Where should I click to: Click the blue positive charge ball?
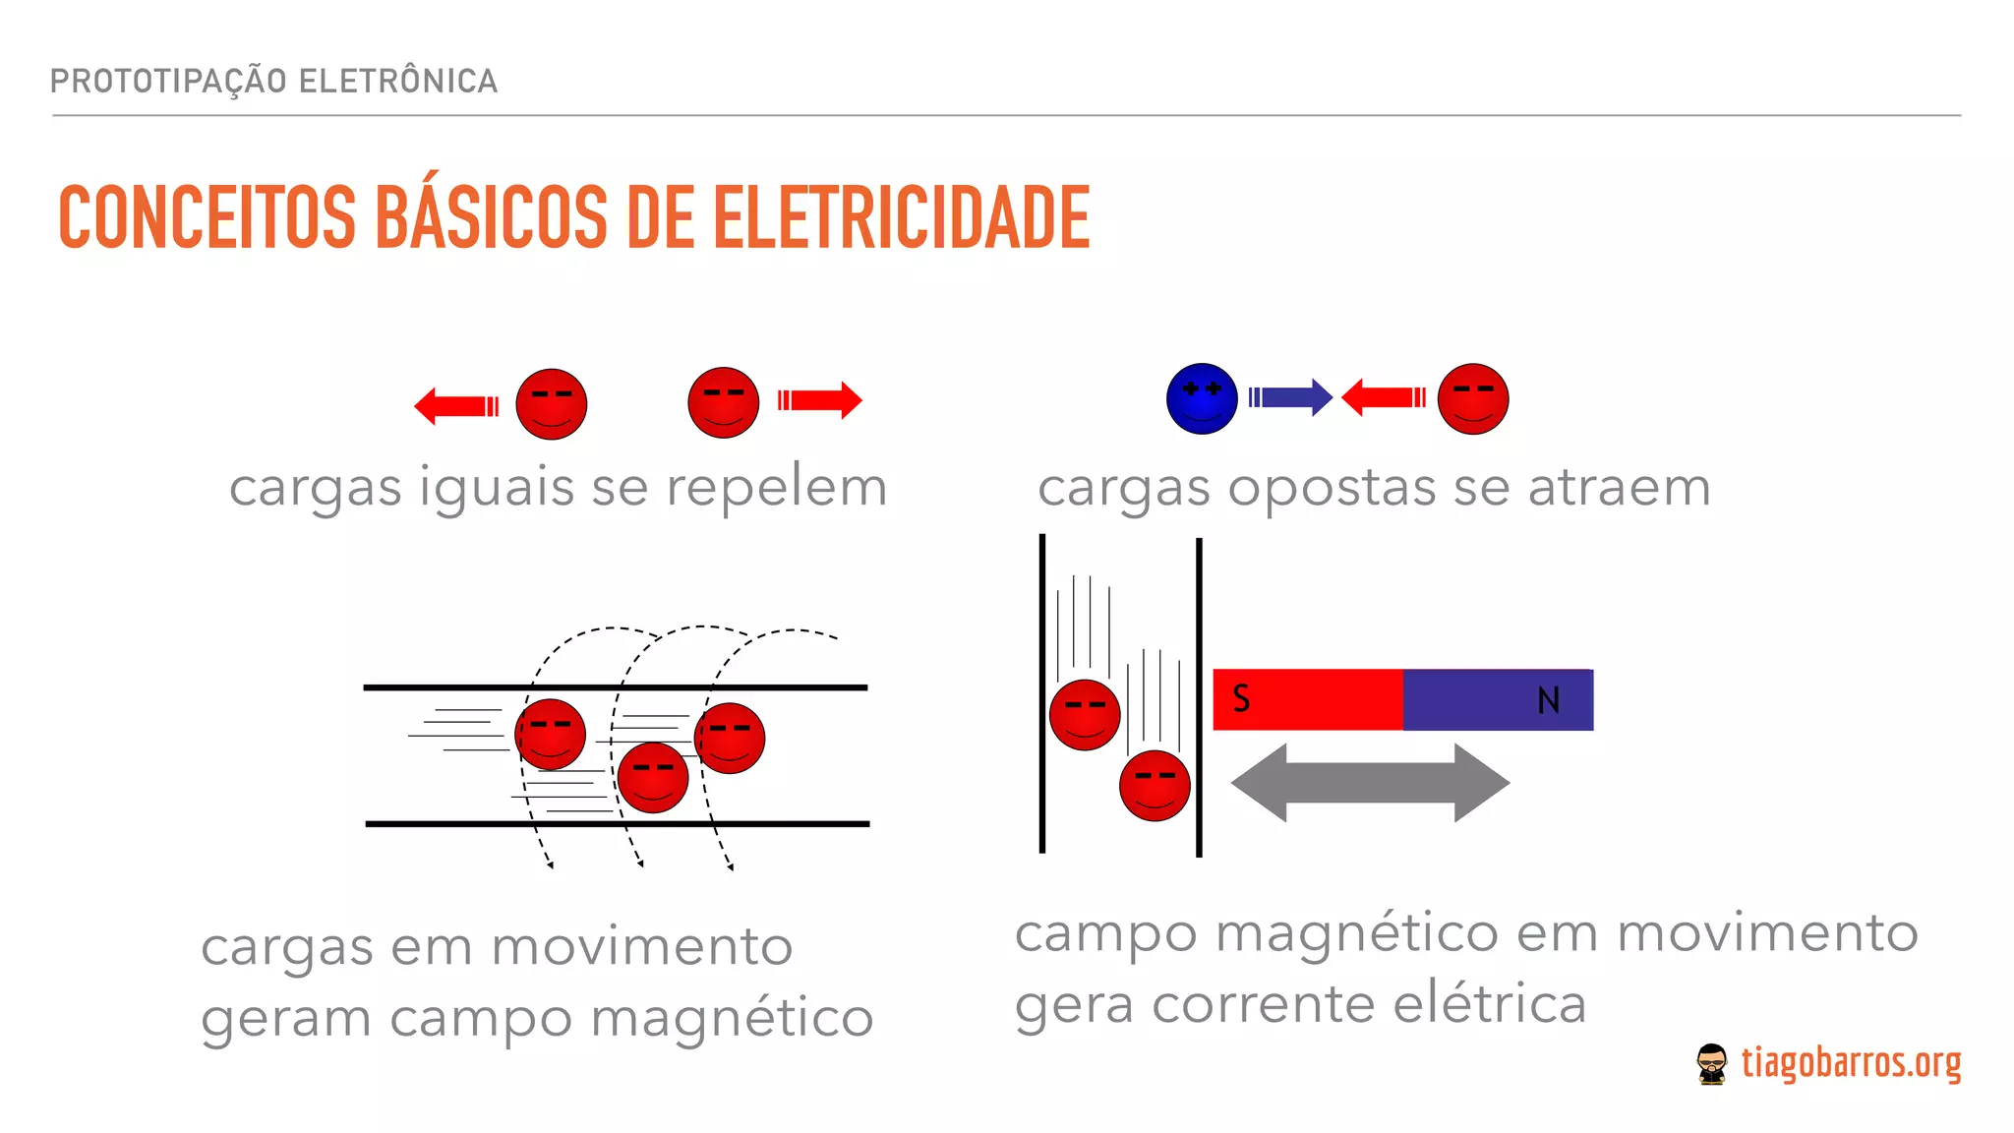tap(1202, 398)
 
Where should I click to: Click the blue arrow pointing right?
tap(1291, 397)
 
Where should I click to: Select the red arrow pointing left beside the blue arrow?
tap(1383, 397)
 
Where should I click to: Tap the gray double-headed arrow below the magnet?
tap(1370, 783)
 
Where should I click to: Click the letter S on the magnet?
tap(1241, 699)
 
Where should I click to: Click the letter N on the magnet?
tap(1548, 700)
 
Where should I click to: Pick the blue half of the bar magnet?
tap(1497, 700)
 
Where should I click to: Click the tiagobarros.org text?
tap(1851, 1064)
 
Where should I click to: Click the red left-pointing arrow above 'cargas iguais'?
tap(456, 405)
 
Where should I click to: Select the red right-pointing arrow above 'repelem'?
tap(820, 400)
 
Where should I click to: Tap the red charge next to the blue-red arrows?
tap(1472, 398)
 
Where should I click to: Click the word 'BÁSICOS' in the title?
tap(491, 217)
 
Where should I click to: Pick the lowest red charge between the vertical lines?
tap(1155, 785)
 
